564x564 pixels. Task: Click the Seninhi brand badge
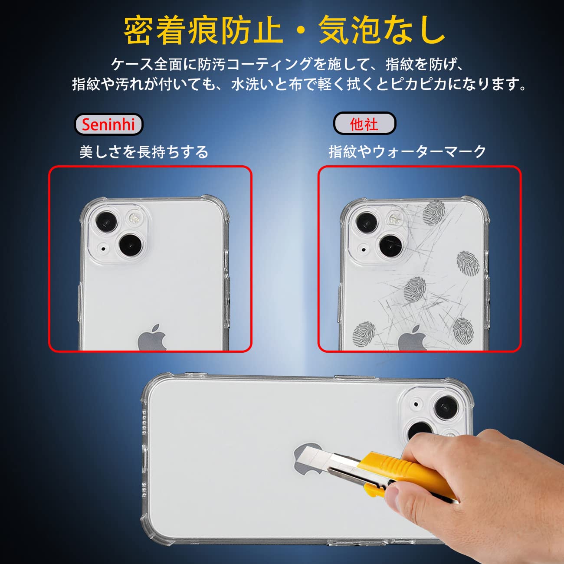point(108,125)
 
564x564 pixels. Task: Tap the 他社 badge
point(364,125)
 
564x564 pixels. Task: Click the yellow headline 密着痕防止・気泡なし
point(284,30)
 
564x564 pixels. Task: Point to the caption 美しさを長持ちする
point(144,152)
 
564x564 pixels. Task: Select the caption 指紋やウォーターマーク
point(407,152)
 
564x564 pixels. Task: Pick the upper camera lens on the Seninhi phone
point(106,222)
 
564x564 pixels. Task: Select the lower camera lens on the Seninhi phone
point(131,245)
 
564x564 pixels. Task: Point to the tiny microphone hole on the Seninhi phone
point(103,249)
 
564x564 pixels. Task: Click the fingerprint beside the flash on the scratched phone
point(433,213)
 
